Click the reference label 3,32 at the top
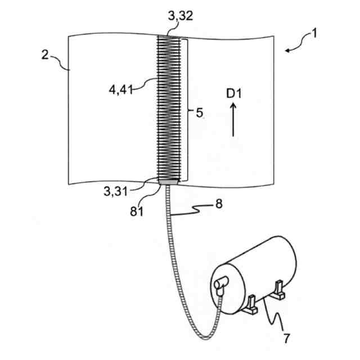click(x=181, y=17)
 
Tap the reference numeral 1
click(x=314, y=34)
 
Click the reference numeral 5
click(x=197, y=112)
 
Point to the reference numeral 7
click(x=287, y=338)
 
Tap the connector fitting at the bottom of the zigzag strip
click(x=168, y=182)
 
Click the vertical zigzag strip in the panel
click(x=168, y=107)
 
